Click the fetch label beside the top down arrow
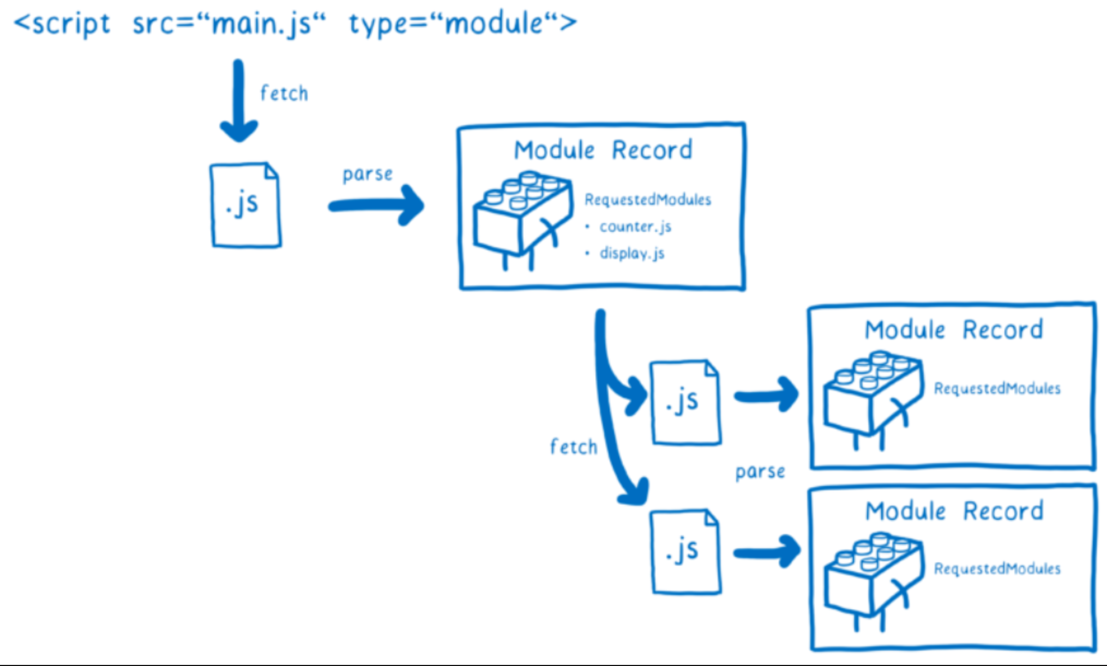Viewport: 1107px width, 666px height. pyautogui.click(x=284, y=93)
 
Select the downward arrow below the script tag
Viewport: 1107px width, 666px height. pyautogui.click(x=238, y=101)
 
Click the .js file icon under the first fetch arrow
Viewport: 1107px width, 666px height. pyautogui.click(x=245, y=205)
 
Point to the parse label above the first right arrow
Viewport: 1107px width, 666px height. pyautogui.click(x=367, y=174)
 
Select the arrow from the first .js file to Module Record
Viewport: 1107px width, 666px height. pyautogui.click(x=376, y=205)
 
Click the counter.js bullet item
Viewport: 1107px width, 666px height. pyautogui.click(x=635, y=227)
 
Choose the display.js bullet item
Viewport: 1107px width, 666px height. pyautogui.click(x=631, y=254)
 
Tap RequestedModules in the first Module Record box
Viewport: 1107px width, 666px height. pyautogui.click(x=647, y=200)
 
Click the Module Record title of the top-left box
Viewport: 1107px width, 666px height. pyautogui.click(x=603, y=150)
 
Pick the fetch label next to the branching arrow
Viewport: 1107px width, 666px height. pyautogui.click(x=573, y=447)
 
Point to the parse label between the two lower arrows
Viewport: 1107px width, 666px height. pyautogui.click(x=760, y=471)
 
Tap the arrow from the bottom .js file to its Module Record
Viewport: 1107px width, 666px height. pyautogui.click(x=766, y=552)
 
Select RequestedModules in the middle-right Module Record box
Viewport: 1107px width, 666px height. pyautogui.click(x=997, y=388)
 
